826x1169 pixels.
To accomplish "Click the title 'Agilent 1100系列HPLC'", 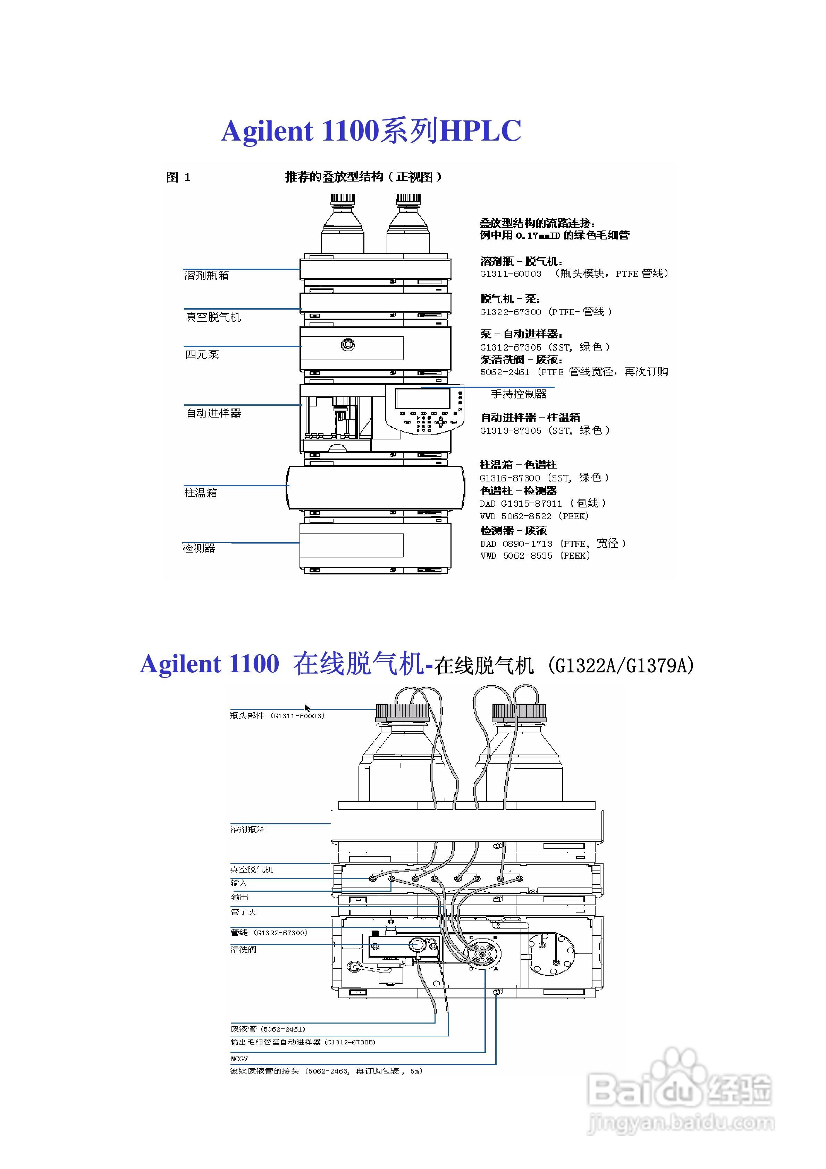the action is click(x=371, y=131).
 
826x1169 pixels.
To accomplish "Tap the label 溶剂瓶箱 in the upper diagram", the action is click(x=206, y=276).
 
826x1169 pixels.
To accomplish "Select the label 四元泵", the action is click(x=202, y=354).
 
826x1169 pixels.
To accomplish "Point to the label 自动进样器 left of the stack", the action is click(x=213, y=413).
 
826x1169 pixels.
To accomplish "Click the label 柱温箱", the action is click(x=201, y=493).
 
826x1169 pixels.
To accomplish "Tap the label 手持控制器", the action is click(x=519, y=394).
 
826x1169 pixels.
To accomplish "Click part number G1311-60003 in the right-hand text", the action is click(x=511, y=274).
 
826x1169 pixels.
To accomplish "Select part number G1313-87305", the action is click(x=511, y=431).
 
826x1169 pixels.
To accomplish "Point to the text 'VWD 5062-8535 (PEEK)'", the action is click(x=535, y=556).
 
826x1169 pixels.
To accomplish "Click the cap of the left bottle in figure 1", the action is click(x=343, y=199).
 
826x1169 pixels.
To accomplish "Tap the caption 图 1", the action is click(x=178, y=177).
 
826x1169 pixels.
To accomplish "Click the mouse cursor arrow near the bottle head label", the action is click(x=307, y=708).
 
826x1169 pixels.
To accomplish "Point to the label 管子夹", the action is click(x=243, y=912).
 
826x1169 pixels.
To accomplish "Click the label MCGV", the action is click(x=239, y=1059).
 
